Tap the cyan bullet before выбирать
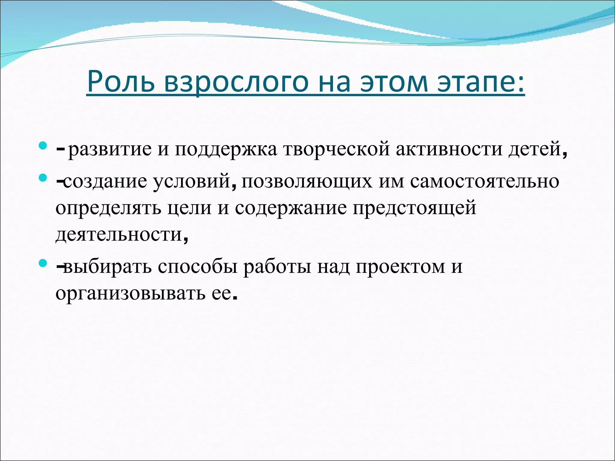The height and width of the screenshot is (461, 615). pos(43,264)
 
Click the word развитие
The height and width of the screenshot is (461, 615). pos(110,149)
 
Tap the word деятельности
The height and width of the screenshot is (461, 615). pos(119,234)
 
